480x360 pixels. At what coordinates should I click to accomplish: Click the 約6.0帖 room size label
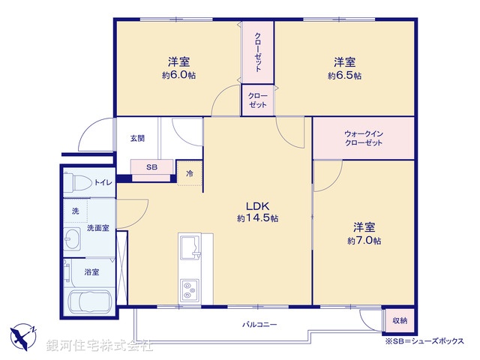(178, 76)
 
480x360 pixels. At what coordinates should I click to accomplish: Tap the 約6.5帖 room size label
(344, 76)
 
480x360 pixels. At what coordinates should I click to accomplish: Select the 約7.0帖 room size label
(364, 241)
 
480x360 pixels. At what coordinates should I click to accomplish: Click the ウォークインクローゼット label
(364, 138)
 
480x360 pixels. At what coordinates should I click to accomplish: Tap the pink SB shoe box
(152, 168)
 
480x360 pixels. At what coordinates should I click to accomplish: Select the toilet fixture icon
(76, 182)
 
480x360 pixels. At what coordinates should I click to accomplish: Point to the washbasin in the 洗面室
(73, 241)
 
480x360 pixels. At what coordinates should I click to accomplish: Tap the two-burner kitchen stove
(188, 289)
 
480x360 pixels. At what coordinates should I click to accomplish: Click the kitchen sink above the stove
(188, 247)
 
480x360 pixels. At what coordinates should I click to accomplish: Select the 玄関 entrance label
(137, 138)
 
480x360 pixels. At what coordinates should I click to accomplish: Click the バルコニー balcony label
(259, 325)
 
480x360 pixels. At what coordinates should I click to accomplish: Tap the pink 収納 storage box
(399, 320)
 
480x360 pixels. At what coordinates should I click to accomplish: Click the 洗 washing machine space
(75, 211)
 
